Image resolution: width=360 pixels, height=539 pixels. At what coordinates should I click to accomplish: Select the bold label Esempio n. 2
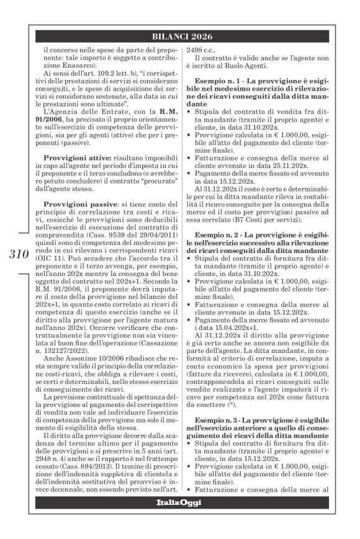coord(220,254)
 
